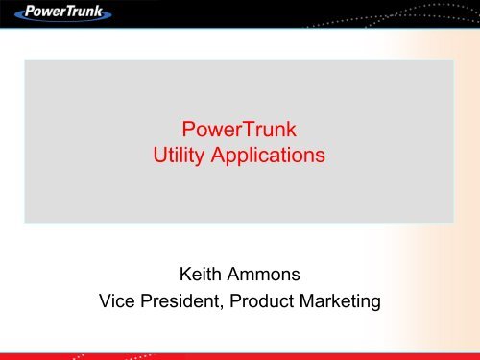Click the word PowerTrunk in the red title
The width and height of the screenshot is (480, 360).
[240, 130]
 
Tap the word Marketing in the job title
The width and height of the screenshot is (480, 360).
[344, 302]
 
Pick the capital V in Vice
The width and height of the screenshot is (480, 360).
[107, 302]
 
